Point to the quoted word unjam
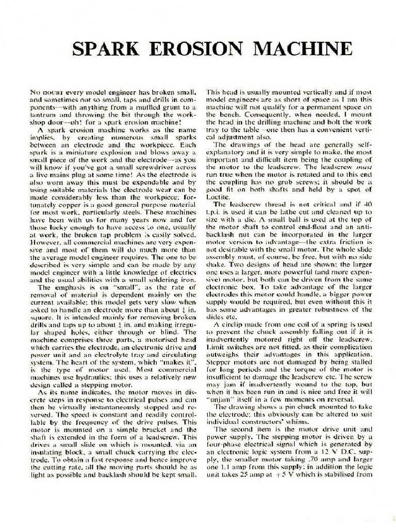[218, 399]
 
